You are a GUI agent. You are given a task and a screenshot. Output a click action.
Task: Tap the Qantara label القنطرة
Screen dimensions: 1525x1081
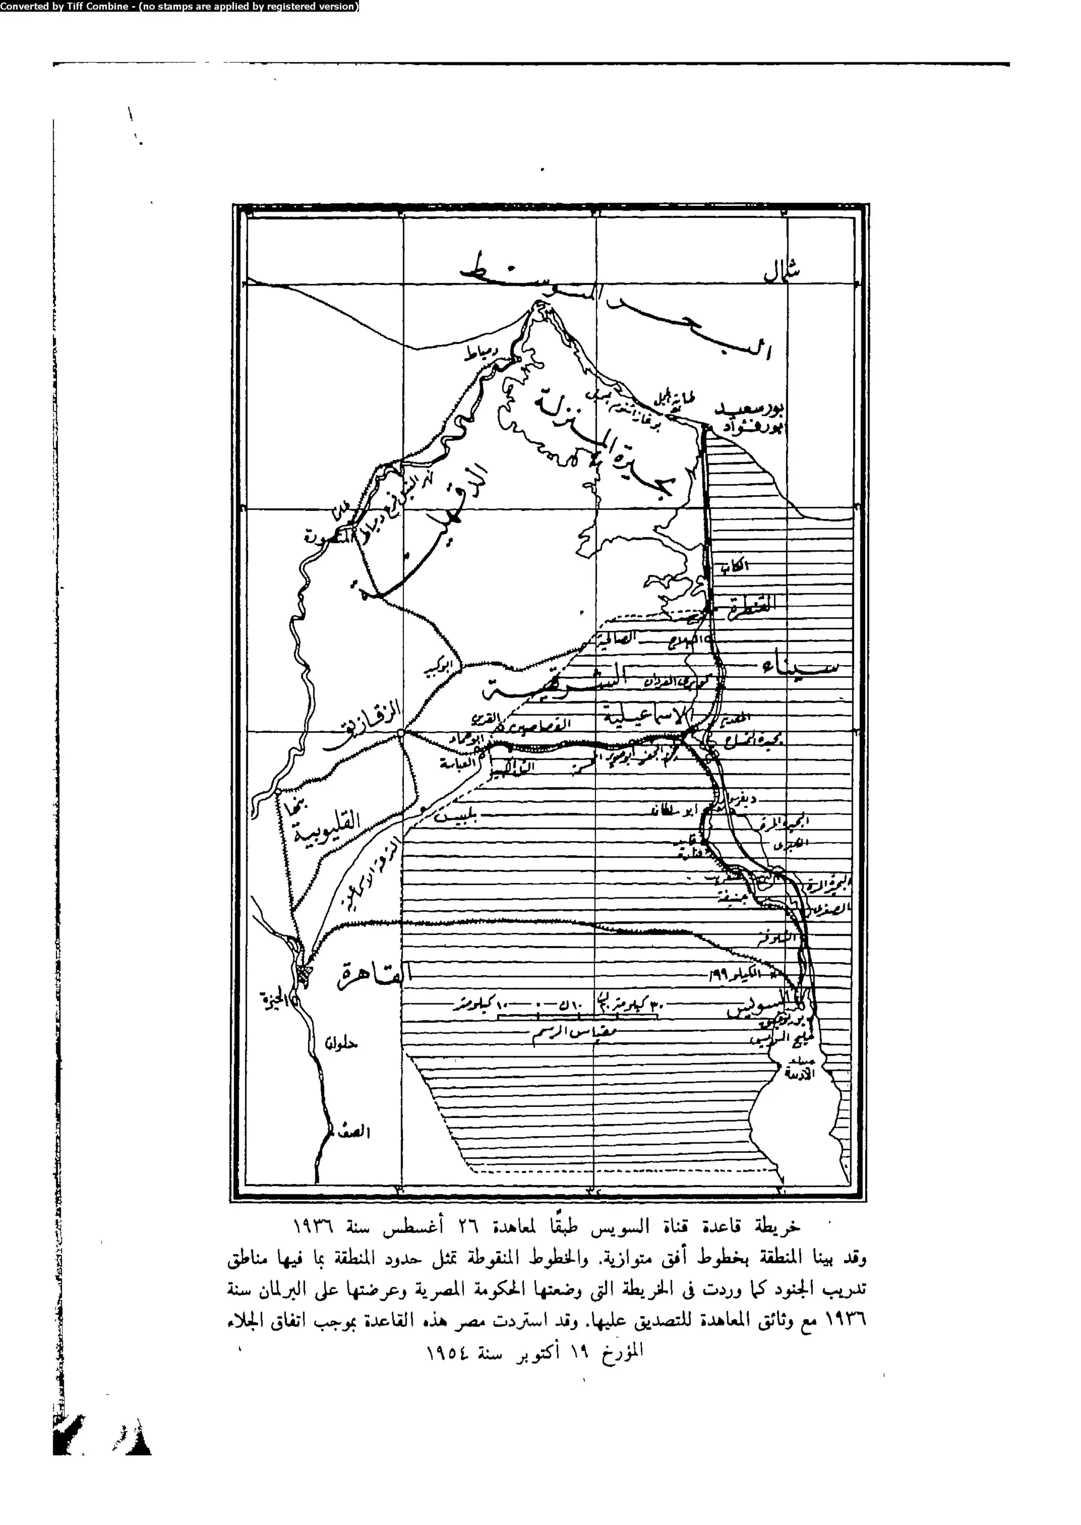(752, 604)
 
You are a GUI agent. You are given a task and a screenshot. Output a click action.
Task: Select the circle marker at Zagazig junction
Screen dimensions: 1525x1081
(401, 733)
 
